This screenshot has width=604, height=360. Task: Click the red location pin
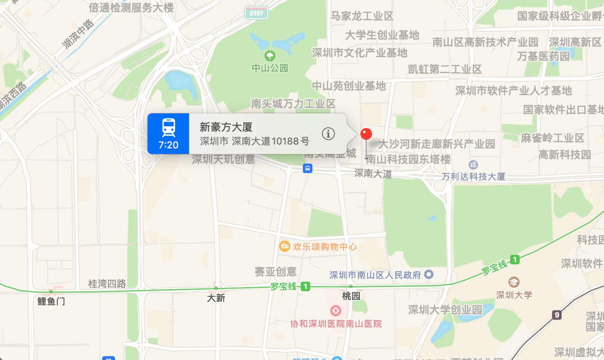click(366, 134)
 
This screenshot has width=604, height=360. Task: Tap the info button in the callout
click(328, 134)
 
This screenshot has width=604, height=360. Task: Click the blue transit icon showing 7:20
click(168, 134)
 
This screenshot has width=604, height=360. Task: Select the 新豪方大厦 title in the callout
click(226, 127)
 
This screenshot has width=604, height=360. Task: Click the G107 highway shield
click(256, 13)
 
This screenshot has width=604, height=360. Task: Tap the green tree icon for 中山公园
click(270, 56)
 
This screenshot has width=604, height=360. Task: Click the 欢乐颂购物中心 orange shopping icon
click(285, 247)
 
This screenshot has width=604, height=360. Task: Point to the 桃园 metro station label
click(350, 296)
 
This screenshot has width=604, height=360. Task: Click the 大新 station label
click(216, 298)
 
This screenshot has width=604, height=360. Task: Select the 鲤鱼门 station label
click(51, 301)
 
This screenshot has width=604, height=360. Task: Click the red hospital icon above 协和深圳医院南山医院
click(335, 310)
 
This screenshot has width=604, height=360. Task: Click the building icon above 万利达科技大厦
click(473, 165)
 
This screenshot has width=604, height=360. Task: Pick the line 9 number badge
click(556, 315)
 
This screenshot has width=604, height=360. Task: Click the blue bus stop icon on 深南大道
click(307, 168)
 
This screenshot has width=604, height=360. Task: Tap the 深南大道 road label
click(373, 174)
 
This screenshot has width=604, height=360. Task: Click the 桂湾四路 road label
click(107, 284)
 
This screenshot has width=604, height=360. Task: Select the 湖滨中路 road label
click(78, 34)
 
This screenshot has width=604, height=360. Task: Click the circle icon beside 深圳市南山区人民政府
click(429, 274)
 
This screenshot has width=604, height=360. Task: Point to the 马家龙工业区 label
click(362, 16)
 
